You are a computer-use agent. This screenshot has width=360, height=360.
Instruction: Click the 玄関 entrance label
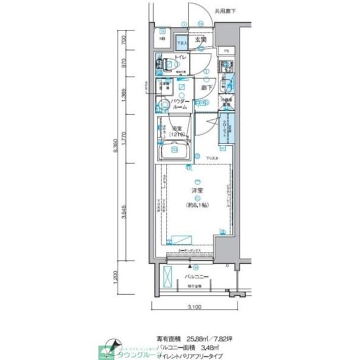[201, 40]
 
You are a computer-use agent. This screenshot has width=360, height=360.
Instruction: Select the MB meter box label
[161, 39]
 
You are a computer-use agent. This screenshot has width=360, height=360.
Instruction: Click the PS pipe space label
[227, 51]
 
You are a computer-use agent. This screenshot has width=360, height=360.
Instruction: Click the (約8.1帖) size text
[197, 205]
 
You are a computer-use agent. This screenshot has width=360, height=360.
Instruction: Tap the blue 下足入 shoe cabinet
[181, 42]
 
